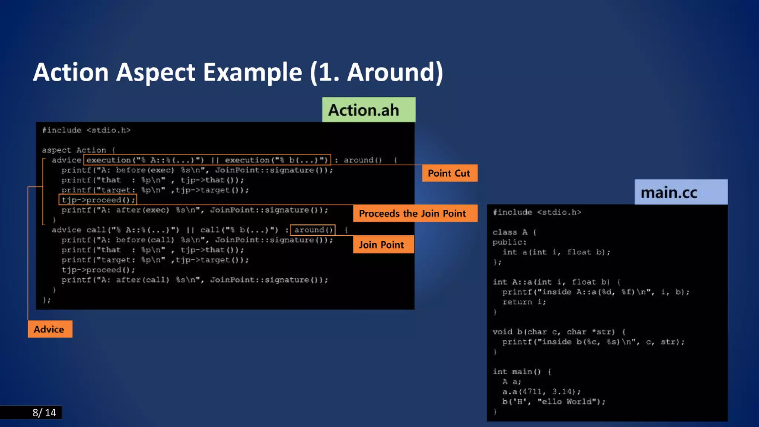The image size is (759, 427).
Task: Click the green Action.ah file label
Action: point(368,110)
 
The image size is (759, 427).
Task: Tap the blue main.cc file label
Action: point(680,192)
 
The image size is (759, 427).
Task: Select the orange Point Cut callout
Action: point(449,173)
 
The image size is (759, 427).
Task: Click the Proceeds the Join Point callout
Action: point(415,213)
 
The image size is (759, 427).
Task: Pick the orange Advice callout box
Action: point(50,329)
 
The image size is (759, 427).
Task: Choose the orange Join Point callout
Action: point(383,245)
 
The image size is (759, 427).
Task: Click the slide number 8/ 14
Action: point(44,413)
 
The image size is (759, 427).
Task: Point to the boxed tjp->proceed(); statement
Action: point(98,200)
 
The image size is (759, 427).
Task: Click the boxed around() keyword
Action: point(313,230)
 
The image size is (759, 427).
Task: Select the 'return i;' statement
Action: point(524,302)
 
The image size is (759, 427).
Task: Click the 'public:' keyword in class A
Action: point(509,242)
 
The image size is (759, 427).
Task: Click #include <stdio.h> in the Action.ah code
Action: point(86,130)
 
